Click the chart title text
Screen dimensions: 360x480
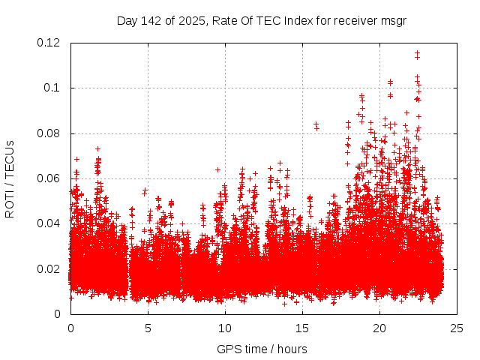[261, 20]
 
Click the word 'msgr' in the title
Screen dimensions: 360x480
[392, 20]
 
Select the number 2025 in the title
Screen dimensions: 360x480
[193, 20]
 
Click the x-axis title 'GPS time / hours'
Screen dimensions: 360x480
[262, 349]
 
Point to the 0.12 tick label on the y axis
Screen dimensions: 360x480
[49, 43]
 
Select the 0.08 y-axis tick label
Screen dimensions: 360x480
[49, 133]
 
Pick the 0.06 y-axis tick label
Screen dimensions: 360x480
[49, 178]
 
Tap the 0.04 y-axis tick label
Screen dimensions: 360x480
[49, 223]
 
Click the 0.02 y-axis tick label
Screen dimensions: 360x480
[49, 269]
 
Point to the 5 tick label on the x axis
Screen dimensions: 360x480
[148, 328]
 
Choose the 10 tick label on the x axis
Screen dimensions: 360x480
[225, 328]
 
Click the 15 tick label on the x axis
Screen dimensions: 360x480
[302, 328]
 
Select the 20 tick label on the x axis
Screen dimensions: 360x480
[379, 328]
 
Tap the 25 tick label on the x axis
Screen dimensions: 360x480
[457, 328]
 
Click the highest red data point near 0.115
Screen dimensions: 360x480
[417, 53]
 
